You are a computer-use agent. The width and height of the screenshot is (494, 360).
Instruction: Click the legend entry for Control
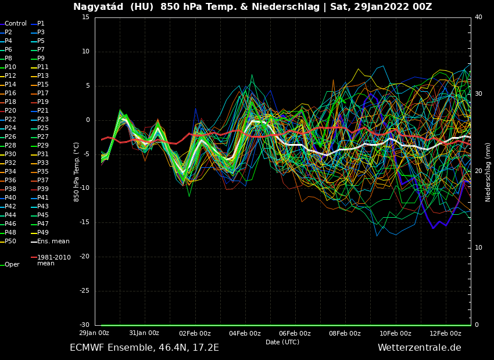pos(15,24)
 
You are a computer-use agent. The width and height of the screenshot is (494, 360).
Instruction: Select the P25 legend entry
pos(43,128)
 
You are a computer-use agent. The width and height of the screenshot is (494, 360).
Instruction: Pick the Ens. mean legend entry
pos(53,242)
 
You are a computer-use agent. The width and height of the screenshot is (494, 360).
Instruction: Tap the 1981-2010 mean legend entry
pos(53,260)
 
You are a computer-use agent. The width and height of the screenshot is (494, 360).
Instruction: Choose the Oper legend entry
pos(12,265)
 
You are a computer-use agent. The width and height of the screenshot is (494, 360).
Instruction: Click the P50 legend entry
pos(10,242)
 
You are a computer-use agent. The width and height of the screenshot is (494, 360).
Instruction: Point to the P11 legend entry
pos(43,67)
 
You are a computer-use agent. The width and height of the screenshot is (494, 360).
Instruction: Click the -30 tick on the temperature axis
pos(85,325)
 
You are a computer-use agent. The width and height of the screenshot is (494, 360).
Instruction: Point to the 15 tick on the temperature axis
pos(85,17)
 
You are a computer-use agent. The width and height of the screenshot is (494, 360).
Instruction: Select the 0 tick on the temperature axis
pos(87,120)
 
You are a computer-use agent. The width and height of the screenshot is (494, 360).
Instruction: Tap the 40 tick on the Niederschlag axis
pos(478,17)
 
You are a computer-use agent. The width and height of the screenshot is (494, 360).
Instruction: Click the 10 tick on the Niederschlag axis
pos(478,248)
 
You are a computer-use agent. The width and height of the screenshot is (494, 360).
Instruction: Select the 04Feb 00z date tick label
pos(245,333)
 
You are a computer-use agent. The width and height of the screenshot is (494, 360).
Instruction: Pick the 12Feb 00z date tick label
pos(445,333)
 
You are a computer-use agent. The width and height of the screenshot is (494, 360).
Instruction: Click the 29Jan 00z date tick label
pos(94,333)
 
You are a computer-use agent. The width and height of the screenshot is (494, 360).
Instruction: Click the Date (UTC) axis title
pos(282,342)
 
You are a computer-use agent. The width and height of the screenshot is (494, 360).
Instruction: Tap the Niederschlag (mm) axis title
pos(488,172)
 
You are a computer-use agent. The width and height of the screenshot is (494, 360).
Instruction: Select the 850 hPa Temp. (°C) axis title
pos(77,172)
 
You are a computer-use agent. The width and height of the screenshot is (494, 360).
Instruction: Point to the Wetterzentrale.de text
pos(419,348)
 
